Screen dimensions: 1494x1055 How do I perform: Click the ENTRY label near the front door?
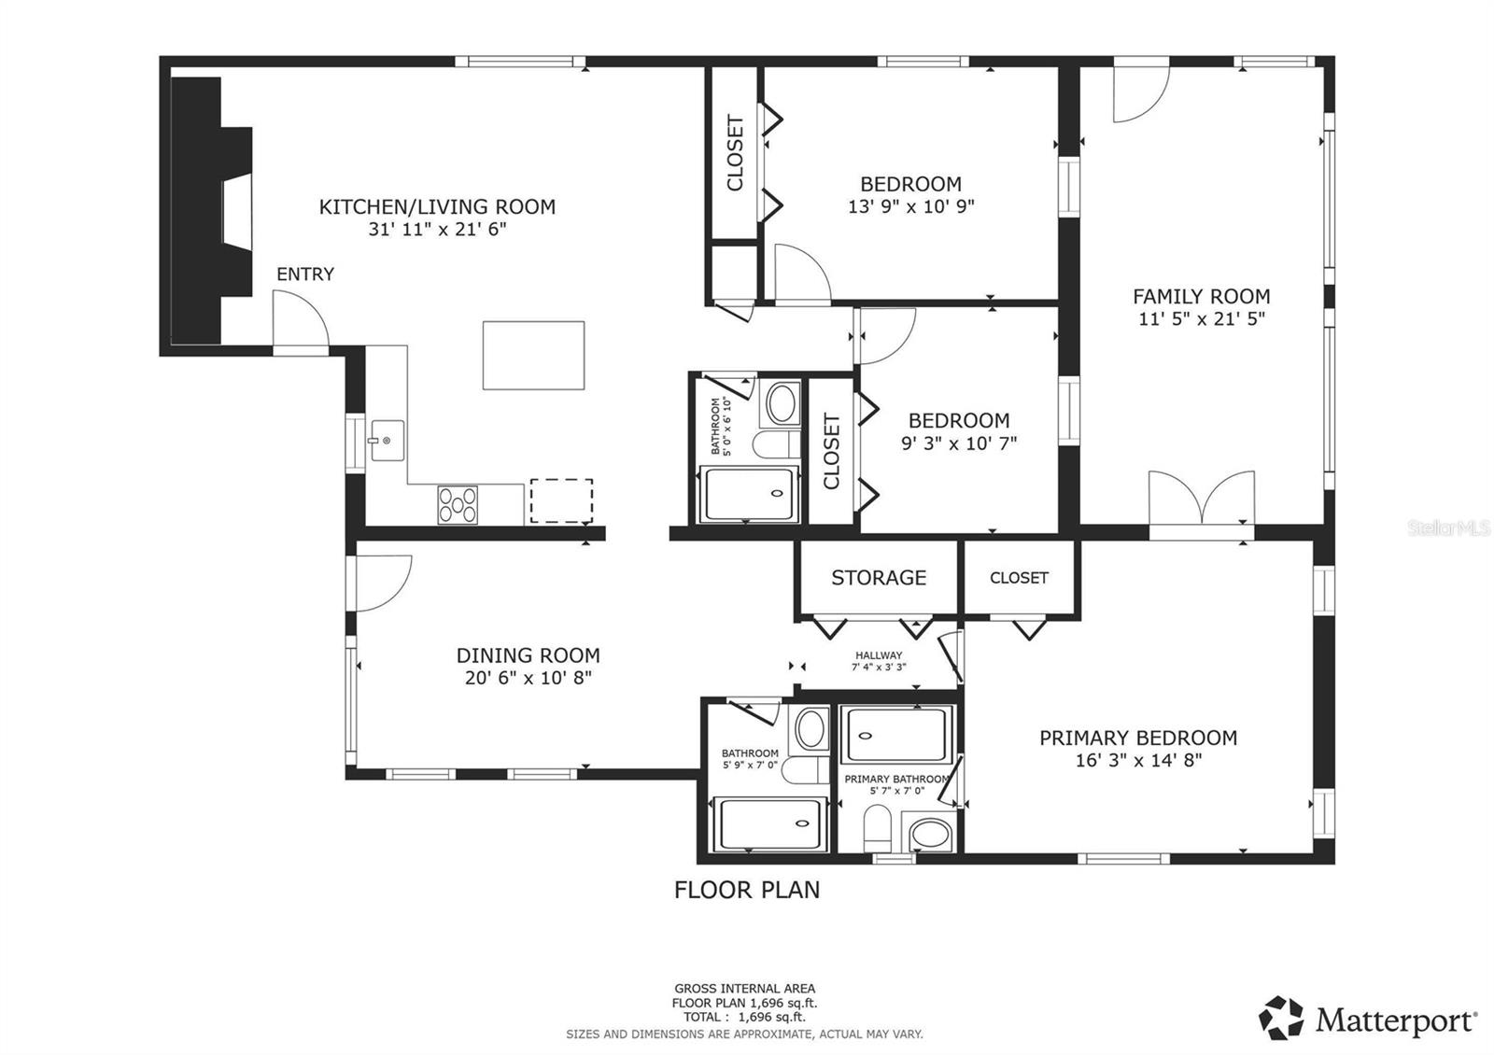click(x=305, y=274)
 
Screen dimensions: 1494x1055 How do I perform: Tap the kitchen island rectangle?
click(x=533, y=356)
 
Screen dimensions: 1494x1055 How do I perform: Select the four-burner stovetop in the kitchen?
click(x=458, y=505)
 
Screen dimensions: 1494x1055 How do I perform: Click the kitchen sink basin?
click(x=388, y=440)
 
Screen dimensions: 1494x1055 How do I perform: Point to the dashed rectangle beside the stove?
click(x=561, y=500)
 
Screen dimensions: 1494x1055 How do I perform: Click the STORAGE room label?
click(x=879, y=578)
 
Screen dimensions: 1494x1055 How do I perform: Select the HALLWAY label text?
click(x=879, y=655)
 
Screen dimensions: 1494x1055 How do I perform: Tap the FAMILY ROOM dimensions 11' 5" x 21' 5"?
click(x=1201, y=318)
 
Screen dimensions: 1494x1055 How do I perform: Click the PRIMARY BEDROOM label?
click(x=1138, y=738)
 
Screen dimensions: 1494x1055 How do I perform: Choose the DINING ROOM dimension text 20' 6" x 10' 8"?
click(x=529, y=678)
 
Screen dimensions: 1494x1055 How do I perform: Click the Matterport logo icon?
click(x=1280, y=1019)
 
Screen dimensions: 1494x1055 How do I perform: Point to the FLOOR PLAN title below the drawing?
click(x=746, y=891)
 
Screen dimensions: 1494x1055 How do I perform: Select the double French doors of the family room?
click(x=1201, y=499)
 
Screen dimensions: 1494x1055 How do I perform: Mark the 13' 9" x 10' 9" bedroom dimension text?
click(x=910, y=206)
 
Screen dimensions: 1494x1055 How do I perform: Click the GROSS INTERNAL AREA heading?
click(x=744, y=989)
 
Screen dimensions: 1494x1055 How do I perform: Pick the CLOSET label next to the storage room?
click(x=1019, y=578)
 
